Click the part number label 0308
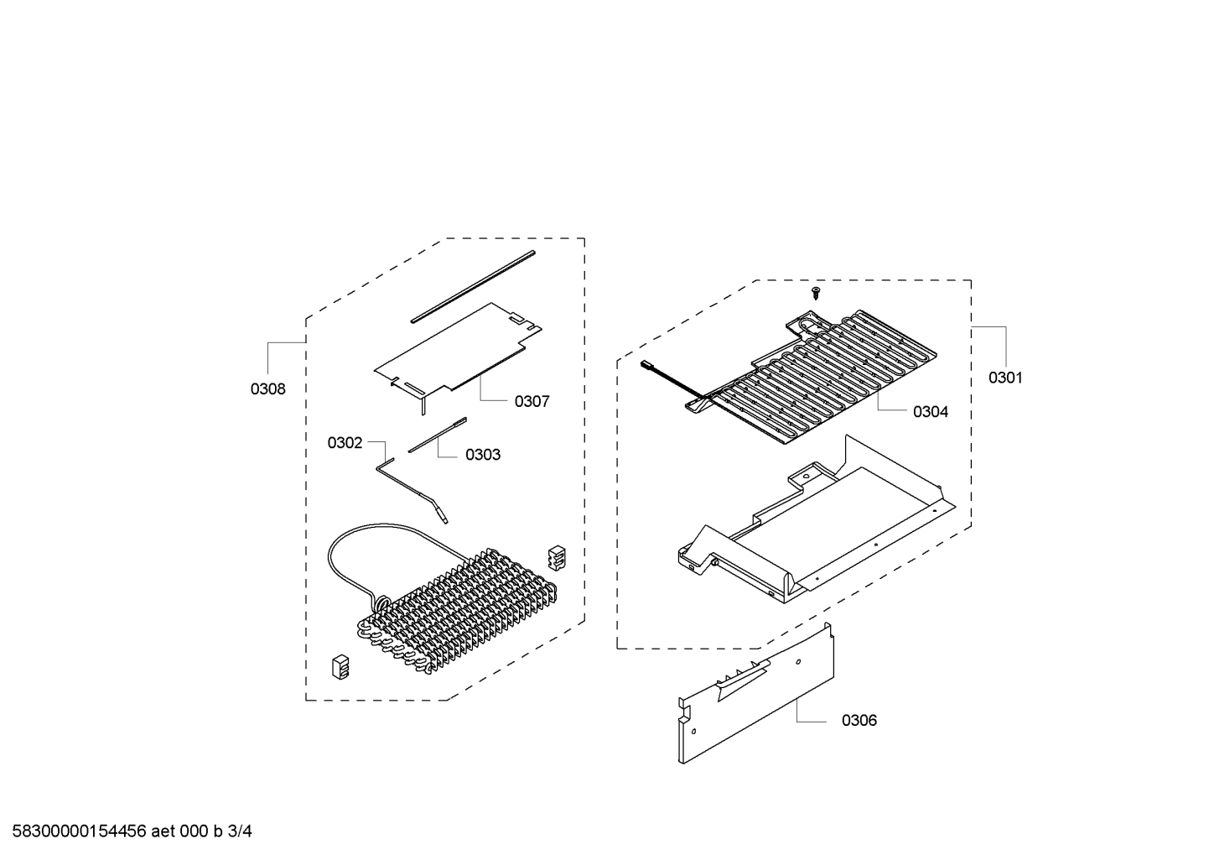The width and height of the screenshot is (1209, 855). [x=267, y=388]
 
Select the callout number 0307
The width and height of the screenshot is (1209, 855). [x=532, y=401]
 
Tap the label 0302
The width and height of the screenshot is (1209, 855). [x=345, y=443]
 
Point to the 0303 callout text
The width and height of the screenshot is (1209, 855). [x=483, y=455]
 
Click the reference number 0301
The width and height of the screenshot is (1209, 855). [x=1005, y=378]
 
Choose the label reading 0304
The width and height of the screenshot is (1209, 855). [x=931, y=412]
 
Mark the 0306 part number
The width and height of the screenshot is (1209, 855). [x=859, y=720]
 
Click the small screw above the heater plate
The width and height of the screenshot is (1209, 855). [x=816, y=294]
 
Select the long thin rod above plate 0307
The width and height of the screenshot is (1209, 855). [x=473, y=286]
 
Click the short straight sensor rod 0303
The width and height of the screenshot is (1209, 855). [x=438, y=435]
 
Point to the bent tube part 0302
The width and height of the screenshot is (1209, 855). [x=413, y=490]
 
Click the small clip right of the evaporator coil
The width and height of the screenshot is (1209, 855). [x=557, y=557]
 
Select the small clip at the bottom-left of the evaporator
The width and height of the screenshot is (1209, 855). [x=340, y=667]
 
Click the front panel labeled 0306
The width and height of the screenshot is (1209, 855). [x=755, y=694]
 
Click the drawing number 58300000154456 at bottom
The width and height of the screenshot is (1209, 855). [x=80, y=832]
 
